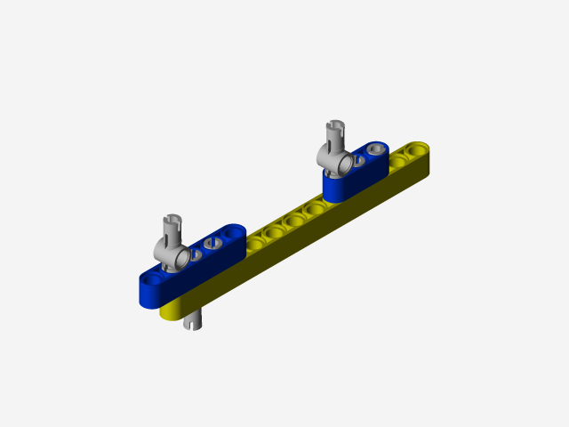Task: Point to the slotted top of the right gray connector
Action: (335, 130)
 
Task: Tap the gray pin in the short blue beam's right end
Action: (377, 148)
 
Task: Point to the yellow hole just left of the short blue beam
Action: (315, 208)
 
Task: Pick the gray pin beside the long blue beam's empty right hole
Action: (212, 243)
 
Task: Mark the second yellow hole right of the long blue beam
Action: (275, 230)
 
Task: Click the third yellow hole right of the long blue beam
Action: (294, 219)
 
